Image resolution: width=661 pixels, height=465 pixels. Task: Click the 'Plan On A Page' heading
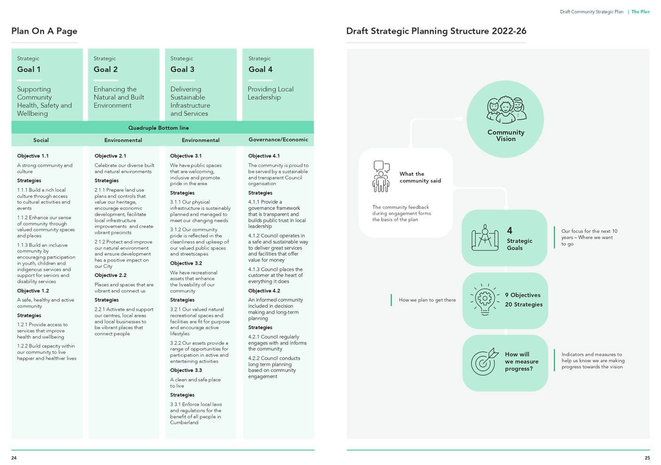tap(44, 31)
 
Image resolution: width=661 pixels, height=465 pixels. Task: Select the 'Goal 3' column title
tap(182, 69)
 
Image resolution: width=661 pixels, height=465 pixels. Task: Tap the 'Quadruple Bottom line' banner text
tap(158, 128)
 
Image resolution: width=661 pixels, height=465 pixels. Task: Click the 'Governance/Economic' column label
tap(278, 140)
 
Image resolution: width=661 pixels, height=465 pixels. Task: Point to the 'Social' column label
tap(41, 140)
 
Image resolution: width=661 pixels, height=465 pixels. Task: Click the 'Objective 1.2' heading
tap(33, 291)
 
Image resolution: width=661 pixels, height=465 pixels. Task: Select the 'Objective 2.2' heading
tap(110, 275)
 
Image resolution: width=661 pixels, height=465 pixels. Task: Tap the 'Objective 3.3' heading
tap(186, 370)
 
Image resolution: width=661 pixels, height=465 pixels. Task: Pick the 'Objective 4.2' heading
tap(264, 291)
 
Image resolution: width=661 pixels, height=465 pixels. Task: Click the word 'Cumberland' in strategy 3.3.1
tap(184, 423)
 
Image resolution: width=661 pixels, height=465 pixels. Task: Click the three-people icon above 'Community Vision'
tap(506, 110)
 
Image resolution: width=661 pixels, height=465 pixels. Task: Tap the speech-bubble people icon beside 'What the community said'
tap(381, 176)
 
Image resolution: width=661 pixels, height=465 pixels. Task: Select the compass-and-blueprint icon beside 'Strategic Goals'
tap(485, 238)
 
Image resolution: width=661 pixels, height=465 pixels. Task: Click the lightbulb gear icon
tap(485, 300)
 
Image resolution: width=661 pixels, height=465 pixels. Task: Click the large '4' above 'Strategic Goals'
tap(510, 230)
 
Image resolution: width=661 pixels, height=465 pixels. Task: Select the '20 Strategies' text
tap(524, 305)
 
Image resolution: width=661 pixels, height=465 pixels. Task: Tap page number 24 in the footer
tap(14, 458)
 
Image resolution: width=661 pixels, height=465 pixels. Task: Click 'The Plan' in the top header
tap(640, 12)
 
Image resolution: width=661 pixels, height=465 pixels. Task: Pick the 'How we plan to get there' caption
tap(427, 300)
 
